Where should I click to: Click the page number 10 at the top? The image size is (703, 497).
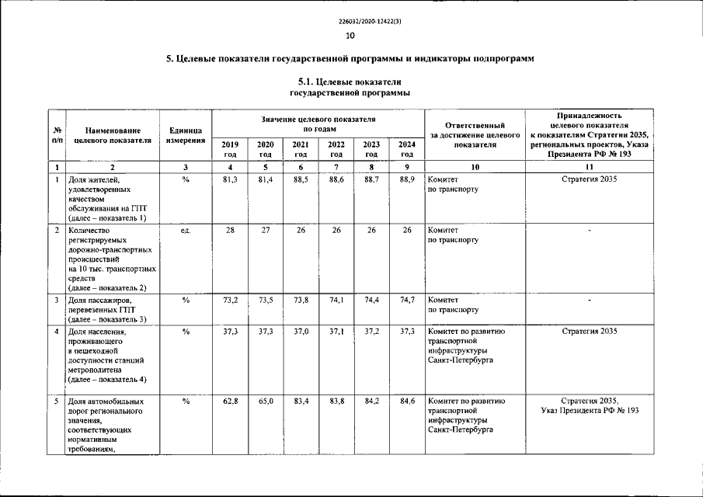[350, 36]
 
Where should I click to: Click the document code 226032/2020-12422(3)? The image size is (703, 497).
[351, 21]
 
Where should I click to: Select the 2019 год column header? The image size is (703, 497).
[230, 148]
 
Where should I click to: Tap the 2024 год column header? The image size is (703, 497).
[406, 148]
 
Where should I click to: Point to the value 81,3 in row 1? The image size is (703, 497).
[230, 180]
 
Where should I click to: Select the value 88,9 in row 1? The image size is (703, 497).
[406, 180]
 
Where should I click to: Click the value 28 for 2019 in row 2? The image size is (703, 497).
[230, 231]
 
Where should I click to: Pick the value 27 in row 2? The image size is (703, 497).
[265, 231]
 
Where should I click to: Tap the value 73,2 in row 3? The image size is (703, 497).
[230, 299]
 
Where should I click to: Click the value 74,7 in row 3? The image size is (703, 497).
[406, 299]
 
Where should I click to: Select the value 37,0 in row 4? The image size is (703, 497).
[300, 332]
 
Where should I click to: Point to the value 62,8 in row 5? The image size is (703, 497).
[230, 401]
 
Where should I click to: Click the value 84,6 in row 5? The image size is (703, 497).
[406, 401]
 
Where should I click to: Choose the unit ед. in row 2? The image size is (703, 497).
[185, 231]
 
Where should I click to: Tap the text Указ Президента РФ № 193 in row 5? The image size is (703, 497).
[590, 411]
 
